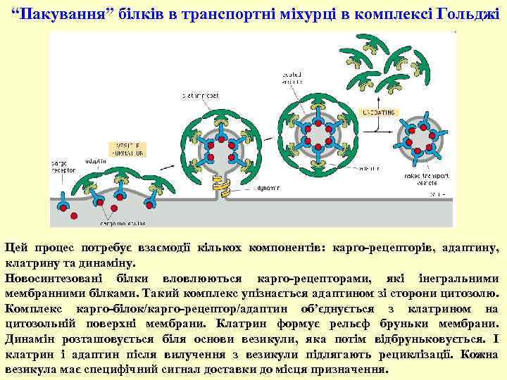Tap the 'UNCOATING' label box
pyautogui.click(x=378, y=113)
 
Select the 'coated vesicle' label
pyautogui.click(x=292, y=75)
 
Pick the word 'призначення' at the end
pyautogui.click(x=346, y=369)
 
